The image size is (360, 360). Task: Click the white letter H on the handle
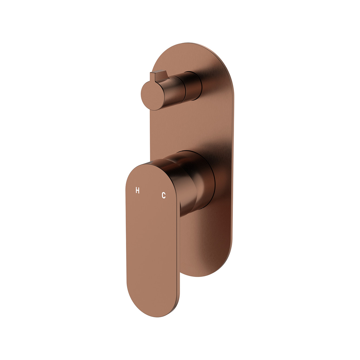[x=137, y=190]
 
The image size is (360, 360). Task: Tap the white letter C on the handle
[x=163, y=195]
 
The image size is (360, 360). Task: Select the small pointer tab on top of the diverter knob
[x=159, y=76]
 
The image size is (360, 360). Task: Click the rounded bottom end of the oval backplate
[x=207, y=269]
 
